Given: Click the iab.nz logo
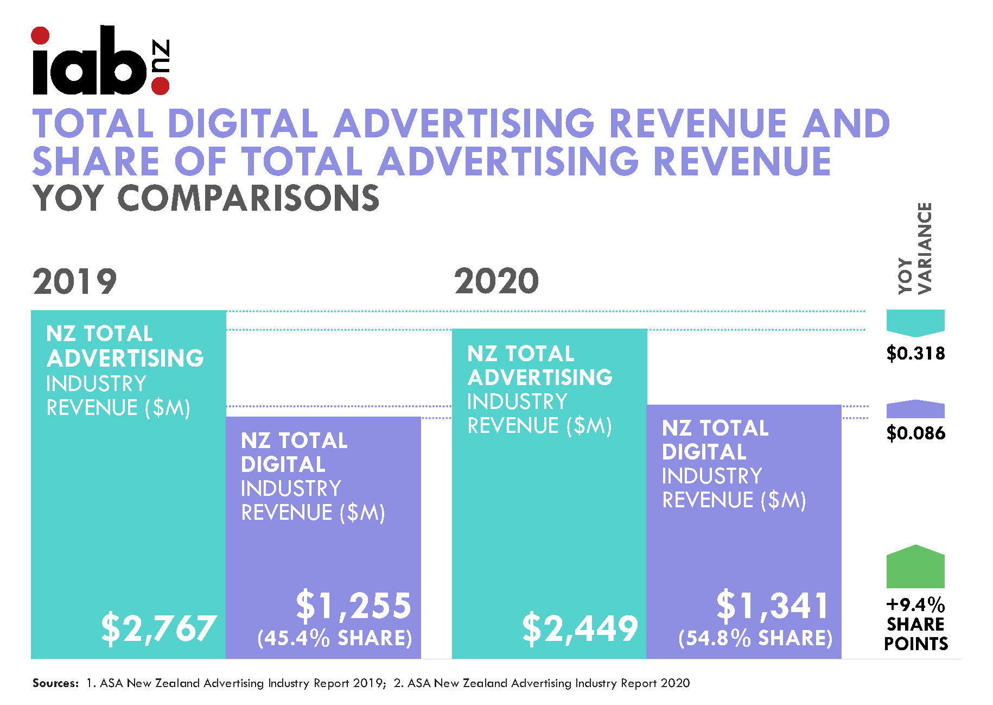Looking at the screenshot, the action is click(x=101, y=60).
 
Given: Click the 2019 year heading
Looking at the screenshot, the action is click(x=75, y=282).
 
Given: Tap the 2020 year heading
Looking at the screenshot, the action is click(x=496, y=281).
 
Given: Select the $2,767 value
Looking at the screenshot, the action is click(x=159, y=629).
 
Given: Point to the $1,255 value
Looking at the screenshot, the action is click(x=354, y=605).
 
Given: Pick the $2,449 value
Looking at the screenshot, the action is click(x=580, y=629).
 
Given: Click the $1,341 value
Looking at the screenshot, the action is click(x=773, y=605).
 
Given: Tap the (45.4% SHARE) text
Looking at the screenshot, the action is click(x=335, y=638).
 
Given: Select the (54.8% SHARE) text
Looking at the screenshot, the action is click(x=755, y=638).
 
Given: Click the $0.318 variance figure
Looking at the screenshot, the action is click(x=916, y=354).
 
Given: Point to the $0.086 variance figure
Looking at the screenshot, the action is click(x=916, y=433).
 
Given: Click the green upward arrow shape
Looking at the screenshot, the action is click(x=915, y=566).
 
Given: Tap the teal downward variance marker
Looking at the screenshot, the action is click(x=915, y=323).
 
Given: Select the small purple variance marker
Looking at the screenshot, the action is click(x=915, y=409).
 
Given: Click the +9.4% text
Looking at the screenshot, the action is click(x=916, y=605).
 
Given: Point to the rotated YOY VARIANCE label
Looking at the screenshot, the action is click(x=915, y=248).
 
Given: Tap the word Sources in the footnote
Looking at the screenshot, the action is click(x=55, y=683).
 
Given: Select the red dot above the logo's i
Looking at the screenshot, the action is click(x=40, y=36).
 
